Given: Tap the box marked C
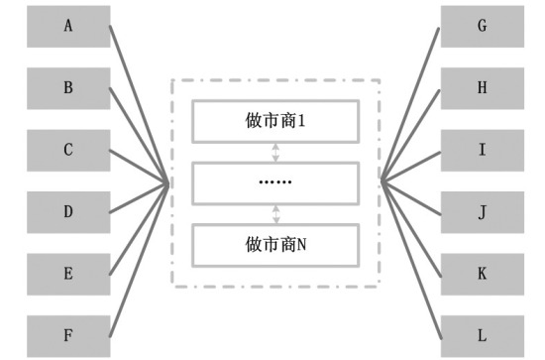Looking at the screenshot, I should (68, 151).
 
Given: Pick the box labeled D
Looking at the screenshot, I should (68, 212).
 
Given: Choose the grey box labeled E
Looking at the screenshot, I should (68, 273).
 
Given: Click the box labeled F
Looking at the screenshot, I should (68, 334).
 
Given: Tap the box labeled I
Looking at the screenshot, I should (482, 151).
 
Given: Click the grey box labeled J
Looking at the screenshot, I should (482, 212).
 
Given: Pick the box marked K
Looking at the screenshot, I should (482, 273).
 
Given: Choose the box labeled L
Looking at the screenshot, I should (482, 334).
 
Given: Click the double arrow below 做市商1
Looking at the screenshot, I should (276, 152).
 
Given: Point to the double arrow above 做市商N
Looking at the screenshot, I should (276, 213).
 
